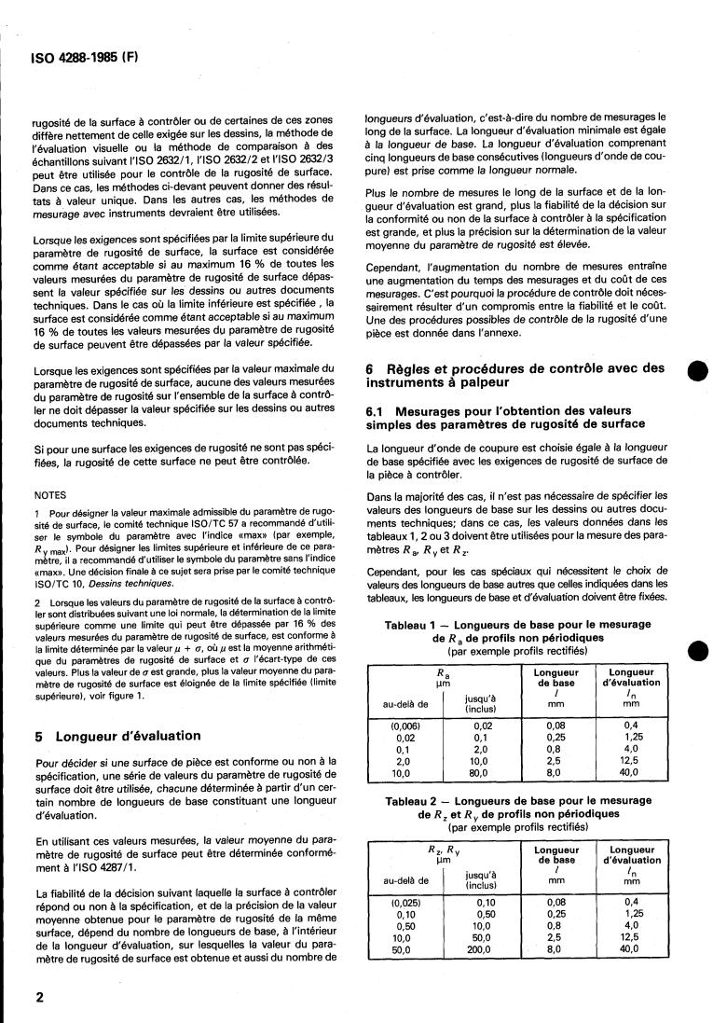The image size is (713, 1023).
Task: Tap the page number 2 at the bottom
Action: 39,997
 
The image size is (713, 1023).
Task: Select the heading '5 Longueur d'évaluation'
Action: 116,736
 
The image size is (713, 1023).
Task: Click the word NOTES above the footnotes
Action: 49,495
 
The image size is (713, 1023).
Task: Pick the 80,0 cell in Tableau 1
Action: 482,773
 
